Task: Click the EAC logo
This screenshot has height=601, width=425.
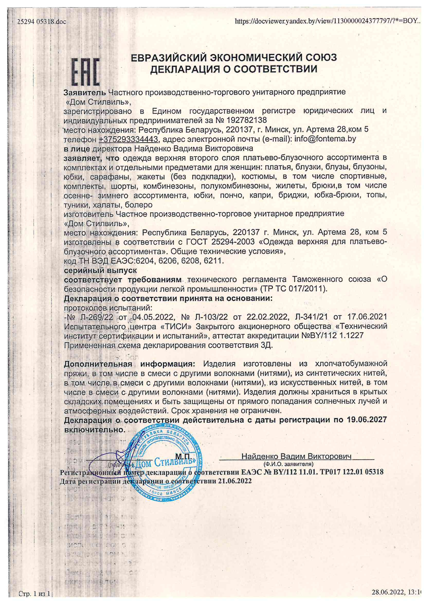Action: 86,72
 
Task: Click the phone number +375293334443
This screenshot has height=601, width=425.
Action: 128,139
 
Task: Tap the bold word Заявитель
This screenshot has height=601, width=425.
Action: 85,92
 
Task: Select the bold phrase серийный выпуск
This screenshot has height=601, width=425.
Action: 100,270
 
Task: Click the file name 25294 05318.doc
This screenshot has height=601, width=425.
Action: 42,22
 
